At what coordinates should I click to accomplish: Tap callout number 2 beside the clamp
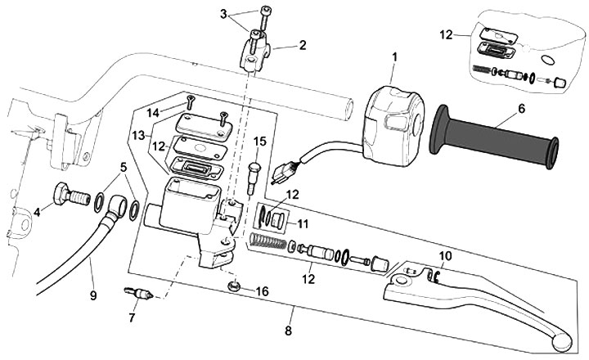[x=303, y=46]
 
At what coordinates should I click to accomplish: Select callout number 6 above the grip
[x=520, y=107]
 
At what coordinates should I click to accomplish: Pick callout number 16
[x=263, y=290]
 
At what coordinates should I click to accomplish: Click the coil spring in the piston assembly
[x=269, y=243]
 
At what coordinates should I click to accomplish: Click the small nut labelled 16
[x=234, y=286]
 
